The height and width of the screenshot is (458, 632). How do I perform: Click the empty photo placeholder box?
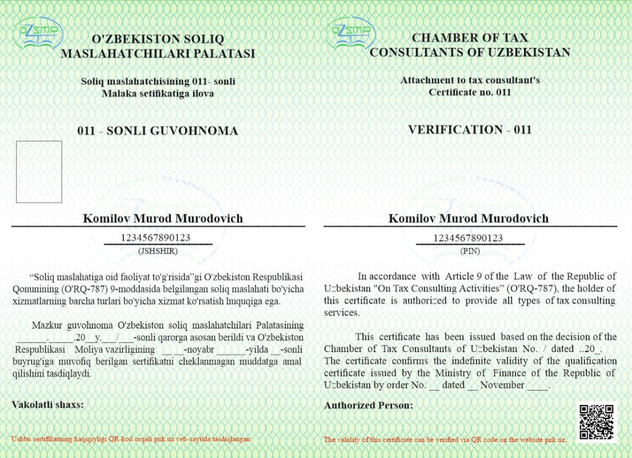pos(39,172)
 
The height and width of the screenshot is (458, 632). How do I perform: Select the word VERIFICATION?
pos(455,129)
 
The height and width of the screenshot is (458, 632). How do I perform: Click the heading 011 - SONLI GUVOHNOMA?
pos(157,131)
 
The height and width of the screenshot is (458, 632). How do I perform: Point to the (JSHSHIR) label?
pos(158,251)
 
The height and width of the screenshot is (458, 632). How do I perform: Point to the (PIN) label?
pos(470,251)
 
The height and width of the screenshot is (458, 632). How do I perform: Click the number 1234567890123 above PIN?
pos(468,238)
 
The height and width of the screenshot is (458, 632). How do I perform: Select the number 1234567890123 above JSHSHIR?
pos(156,238)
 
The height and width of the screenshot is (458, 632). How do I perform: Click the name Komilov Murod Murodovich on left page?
pos(163,219)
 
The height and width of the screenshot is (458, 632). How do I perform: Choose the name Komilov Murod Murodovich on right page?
pos(468,219)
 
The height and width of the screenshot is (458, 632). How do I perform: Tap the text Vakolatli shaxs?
pos(48,404)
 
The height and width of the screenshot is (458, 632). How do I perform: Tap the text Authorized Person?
pos(368,406)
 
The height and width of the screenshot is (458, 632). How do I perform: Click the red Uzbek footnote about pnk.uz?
pos(131,439)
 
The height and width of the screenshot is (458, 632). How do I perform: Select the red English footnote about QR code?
pos(445,440)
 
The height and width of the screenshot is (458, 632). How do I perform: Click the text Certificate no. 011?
pos(470,92)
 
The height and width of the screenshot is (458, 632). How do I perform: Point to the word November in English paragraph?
pos(504,385)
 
